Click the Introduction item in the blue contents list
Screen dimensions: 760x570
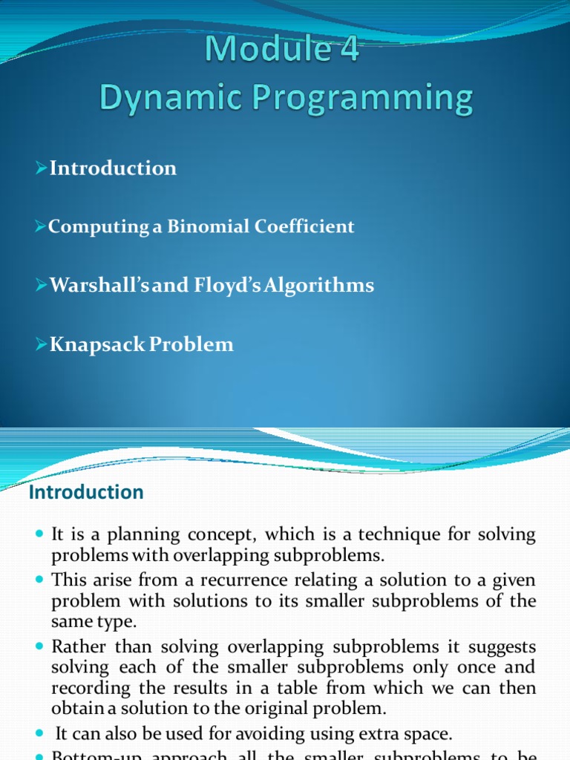113,168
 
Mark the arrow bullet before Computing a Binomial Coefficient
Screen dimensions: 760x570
42,226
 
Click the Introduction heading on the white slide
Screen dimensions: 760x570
86,492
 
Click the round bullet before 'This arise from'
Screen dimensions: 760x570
39,580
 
